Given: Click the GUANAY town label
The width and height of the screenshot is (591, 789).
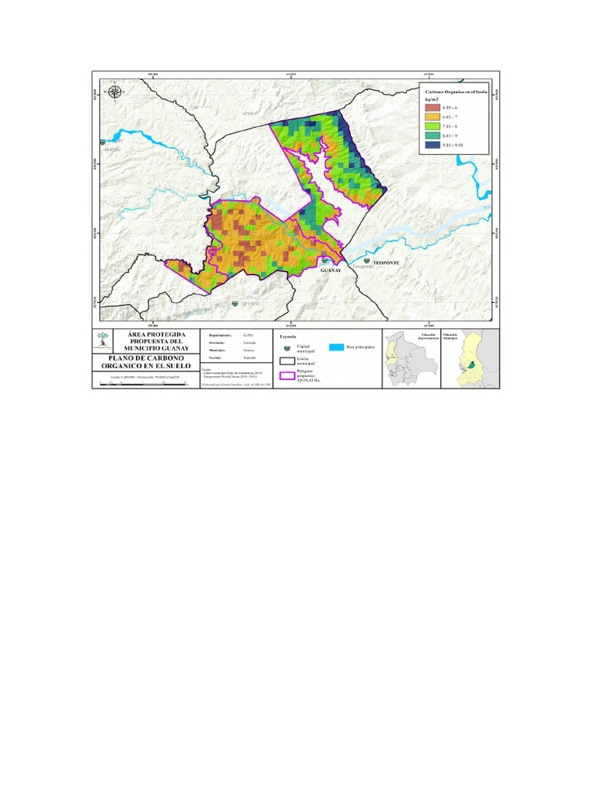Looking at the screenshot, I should (330, 270).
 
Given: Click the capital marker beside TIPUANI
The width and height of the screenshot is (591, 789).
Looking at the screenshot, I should (235, 305).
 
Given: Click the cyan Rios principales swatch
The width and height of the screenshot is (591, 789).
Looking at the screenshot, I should (336, 348).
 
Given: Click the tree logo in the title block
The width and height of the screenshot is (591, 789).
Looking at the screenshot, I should (103, 340).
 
